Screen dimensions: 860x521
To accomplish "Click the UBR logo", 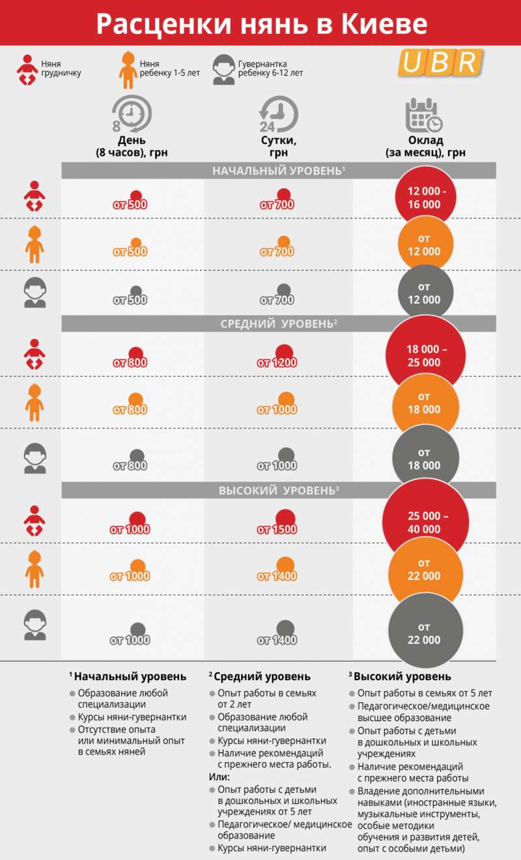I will [x=441, y=63].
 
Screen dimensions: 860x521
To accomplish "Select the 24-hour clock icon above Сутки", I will [x=278, y=115].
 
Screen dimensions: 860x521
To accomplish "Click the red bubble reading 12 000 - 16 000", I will [x=425, y=198].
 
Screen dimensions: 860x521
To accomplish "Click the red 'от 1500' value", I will [x=277, y=529].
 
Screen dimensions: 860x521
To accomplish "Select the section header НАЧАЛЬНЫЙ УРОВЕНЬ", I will [x=279, y=171].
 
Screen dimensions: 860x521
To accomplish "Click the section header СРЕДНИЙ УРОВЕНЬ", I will [x=279, y=324].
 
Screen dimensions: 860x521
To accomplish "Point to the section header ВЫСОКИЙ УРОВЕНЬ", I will [x=279, y=490].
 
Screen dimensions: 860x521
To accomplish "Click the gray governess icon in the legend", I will [x=223, y=69].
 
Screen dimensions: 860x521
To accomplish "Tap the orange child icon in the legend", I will [x=127, y=69].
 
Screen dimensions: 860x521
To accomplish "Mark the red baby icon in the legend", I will [x=28, y=69].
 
